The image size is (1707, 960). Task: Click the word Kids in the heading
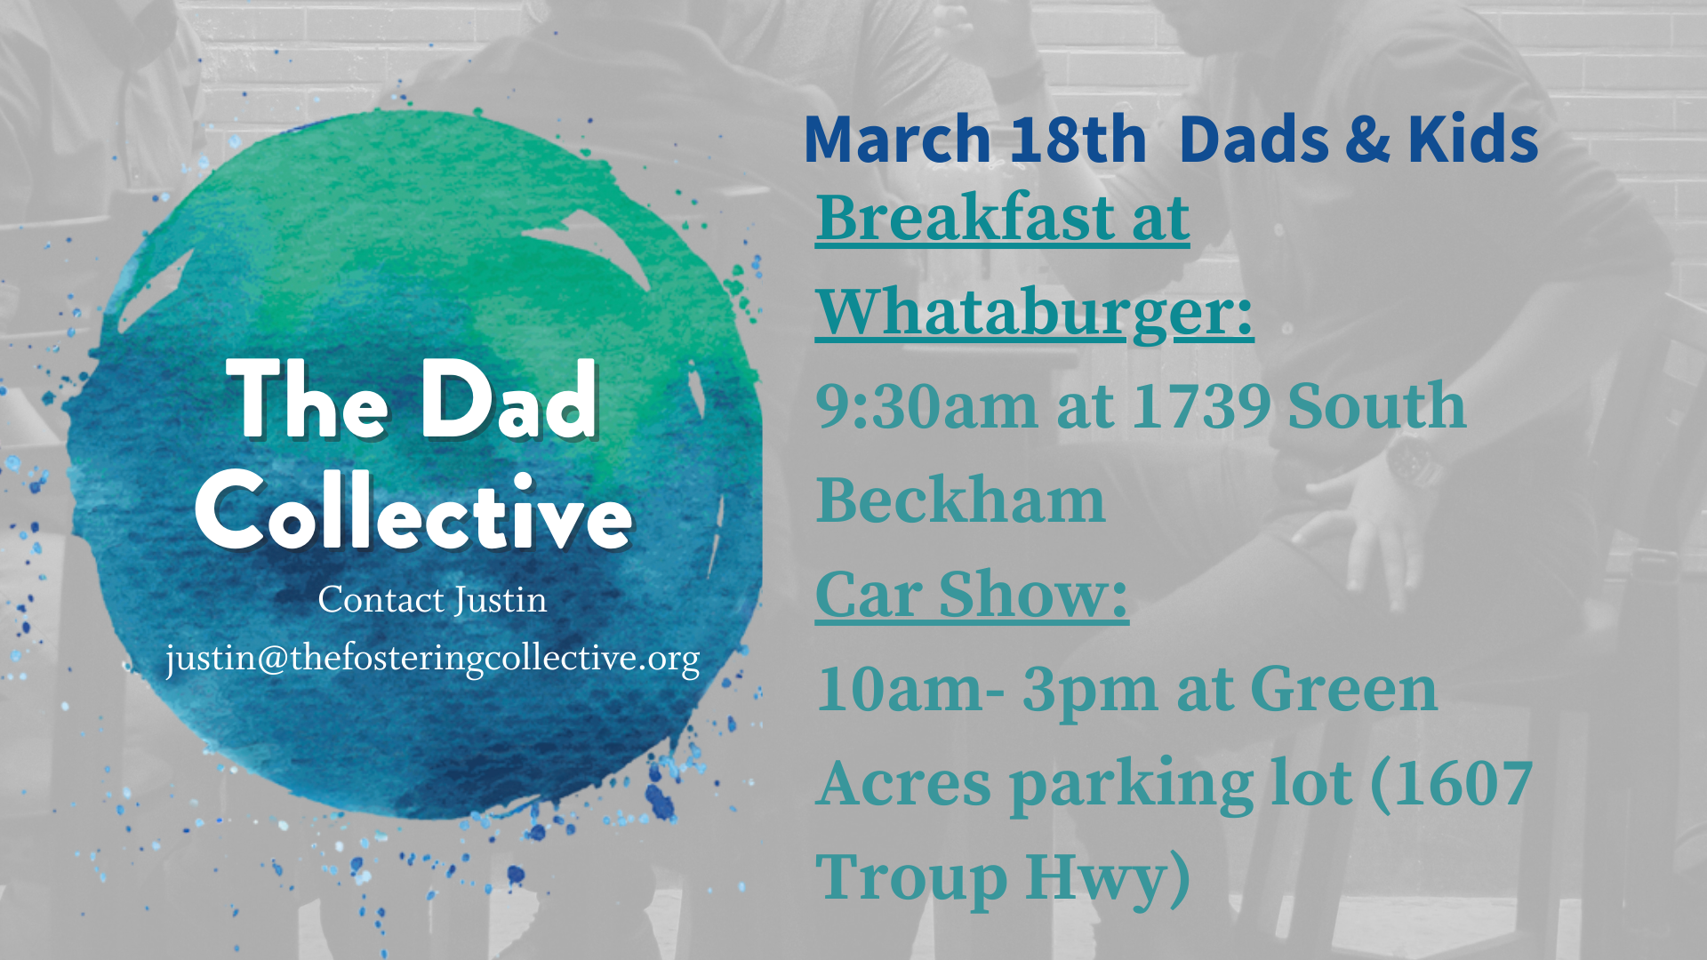pyautogui.click(x=1472, y=140)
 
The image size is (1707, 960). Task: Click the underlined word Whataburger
pyautogui.click(x=1034, y=313)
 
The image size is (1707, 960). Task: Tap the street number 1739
pyautogui.click(x=1201, y=406)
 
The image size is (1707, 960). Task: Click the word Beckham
pyautogui.click(x=960, y=500)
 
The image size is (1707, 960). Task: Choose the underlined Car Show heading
pyautogui.click(x=972, y=594)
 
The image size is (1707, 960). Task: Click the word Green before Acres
pyautogui.click(x=1343, y=689)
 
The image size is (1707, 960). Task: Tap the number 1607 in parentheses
pyautogui.click(x=1463, y=783)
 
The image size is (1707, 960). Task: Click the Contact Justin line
pyautogui.click(x=432, y=600)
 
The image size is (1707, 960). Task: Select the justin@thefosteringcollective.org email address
pyautogui.click(x=432, y=659)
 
